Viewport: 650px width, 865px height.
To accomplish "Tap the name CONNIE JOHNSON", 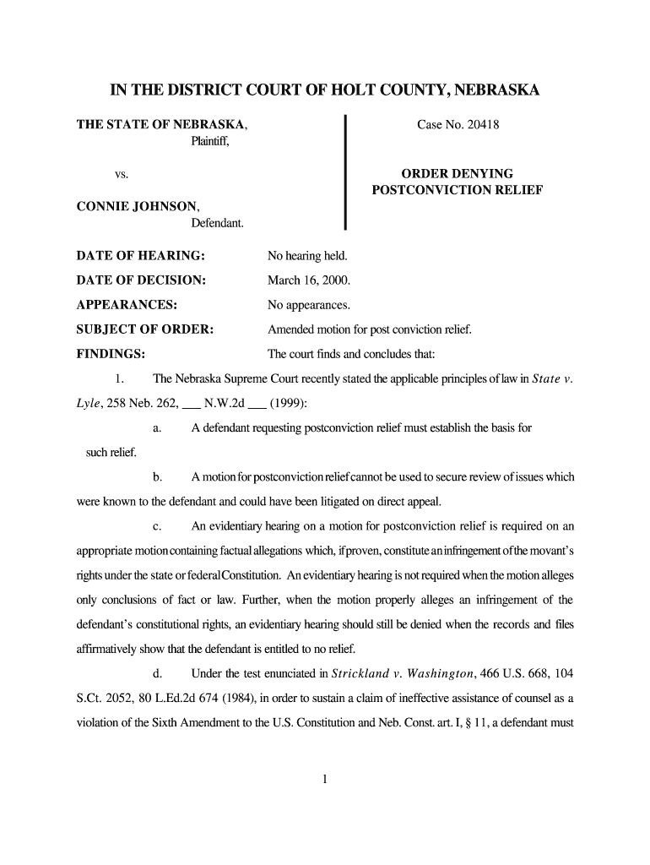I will pos(138,206).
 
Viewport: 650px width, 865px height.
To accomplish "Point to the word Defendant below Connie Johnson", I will pos(217,223).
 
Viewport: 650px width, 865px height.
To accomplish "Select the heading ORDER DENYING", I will pos(457,174).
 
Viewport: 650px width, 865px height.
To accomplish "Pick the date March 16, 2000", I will pos(309,280).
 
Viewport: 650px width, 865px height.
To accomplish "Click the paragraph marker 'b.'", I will pos(158,477).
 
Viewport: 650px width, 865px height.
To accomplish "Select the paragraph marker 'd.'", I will pos(158,673).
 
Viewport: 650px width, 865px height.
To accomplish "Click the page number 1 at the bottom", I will pos(325,780).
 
